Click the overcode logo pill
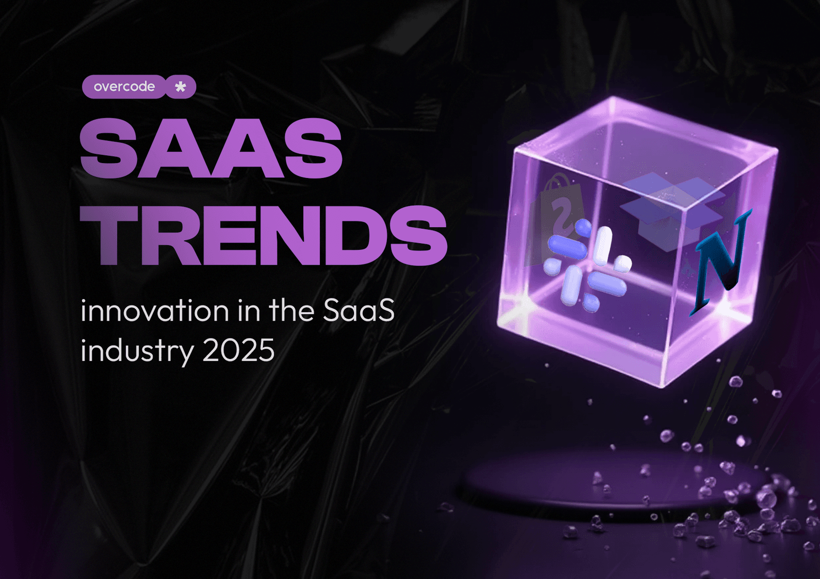124,87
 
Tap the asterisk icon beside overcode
180,87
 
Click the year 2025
238,351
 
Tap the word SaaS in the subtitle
359,311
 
